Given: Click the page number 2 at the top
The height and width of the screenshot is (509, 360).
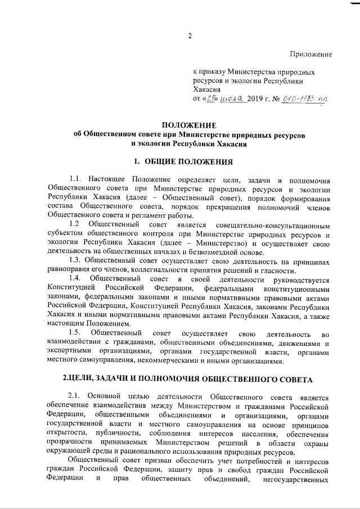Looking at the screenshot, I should (190, 37).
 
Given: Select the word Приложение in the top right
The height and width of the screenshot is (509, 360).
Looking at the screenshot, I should (311, 54).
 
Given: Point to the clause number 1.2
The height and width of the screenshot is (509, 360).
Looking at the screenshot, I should (75, 224).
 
